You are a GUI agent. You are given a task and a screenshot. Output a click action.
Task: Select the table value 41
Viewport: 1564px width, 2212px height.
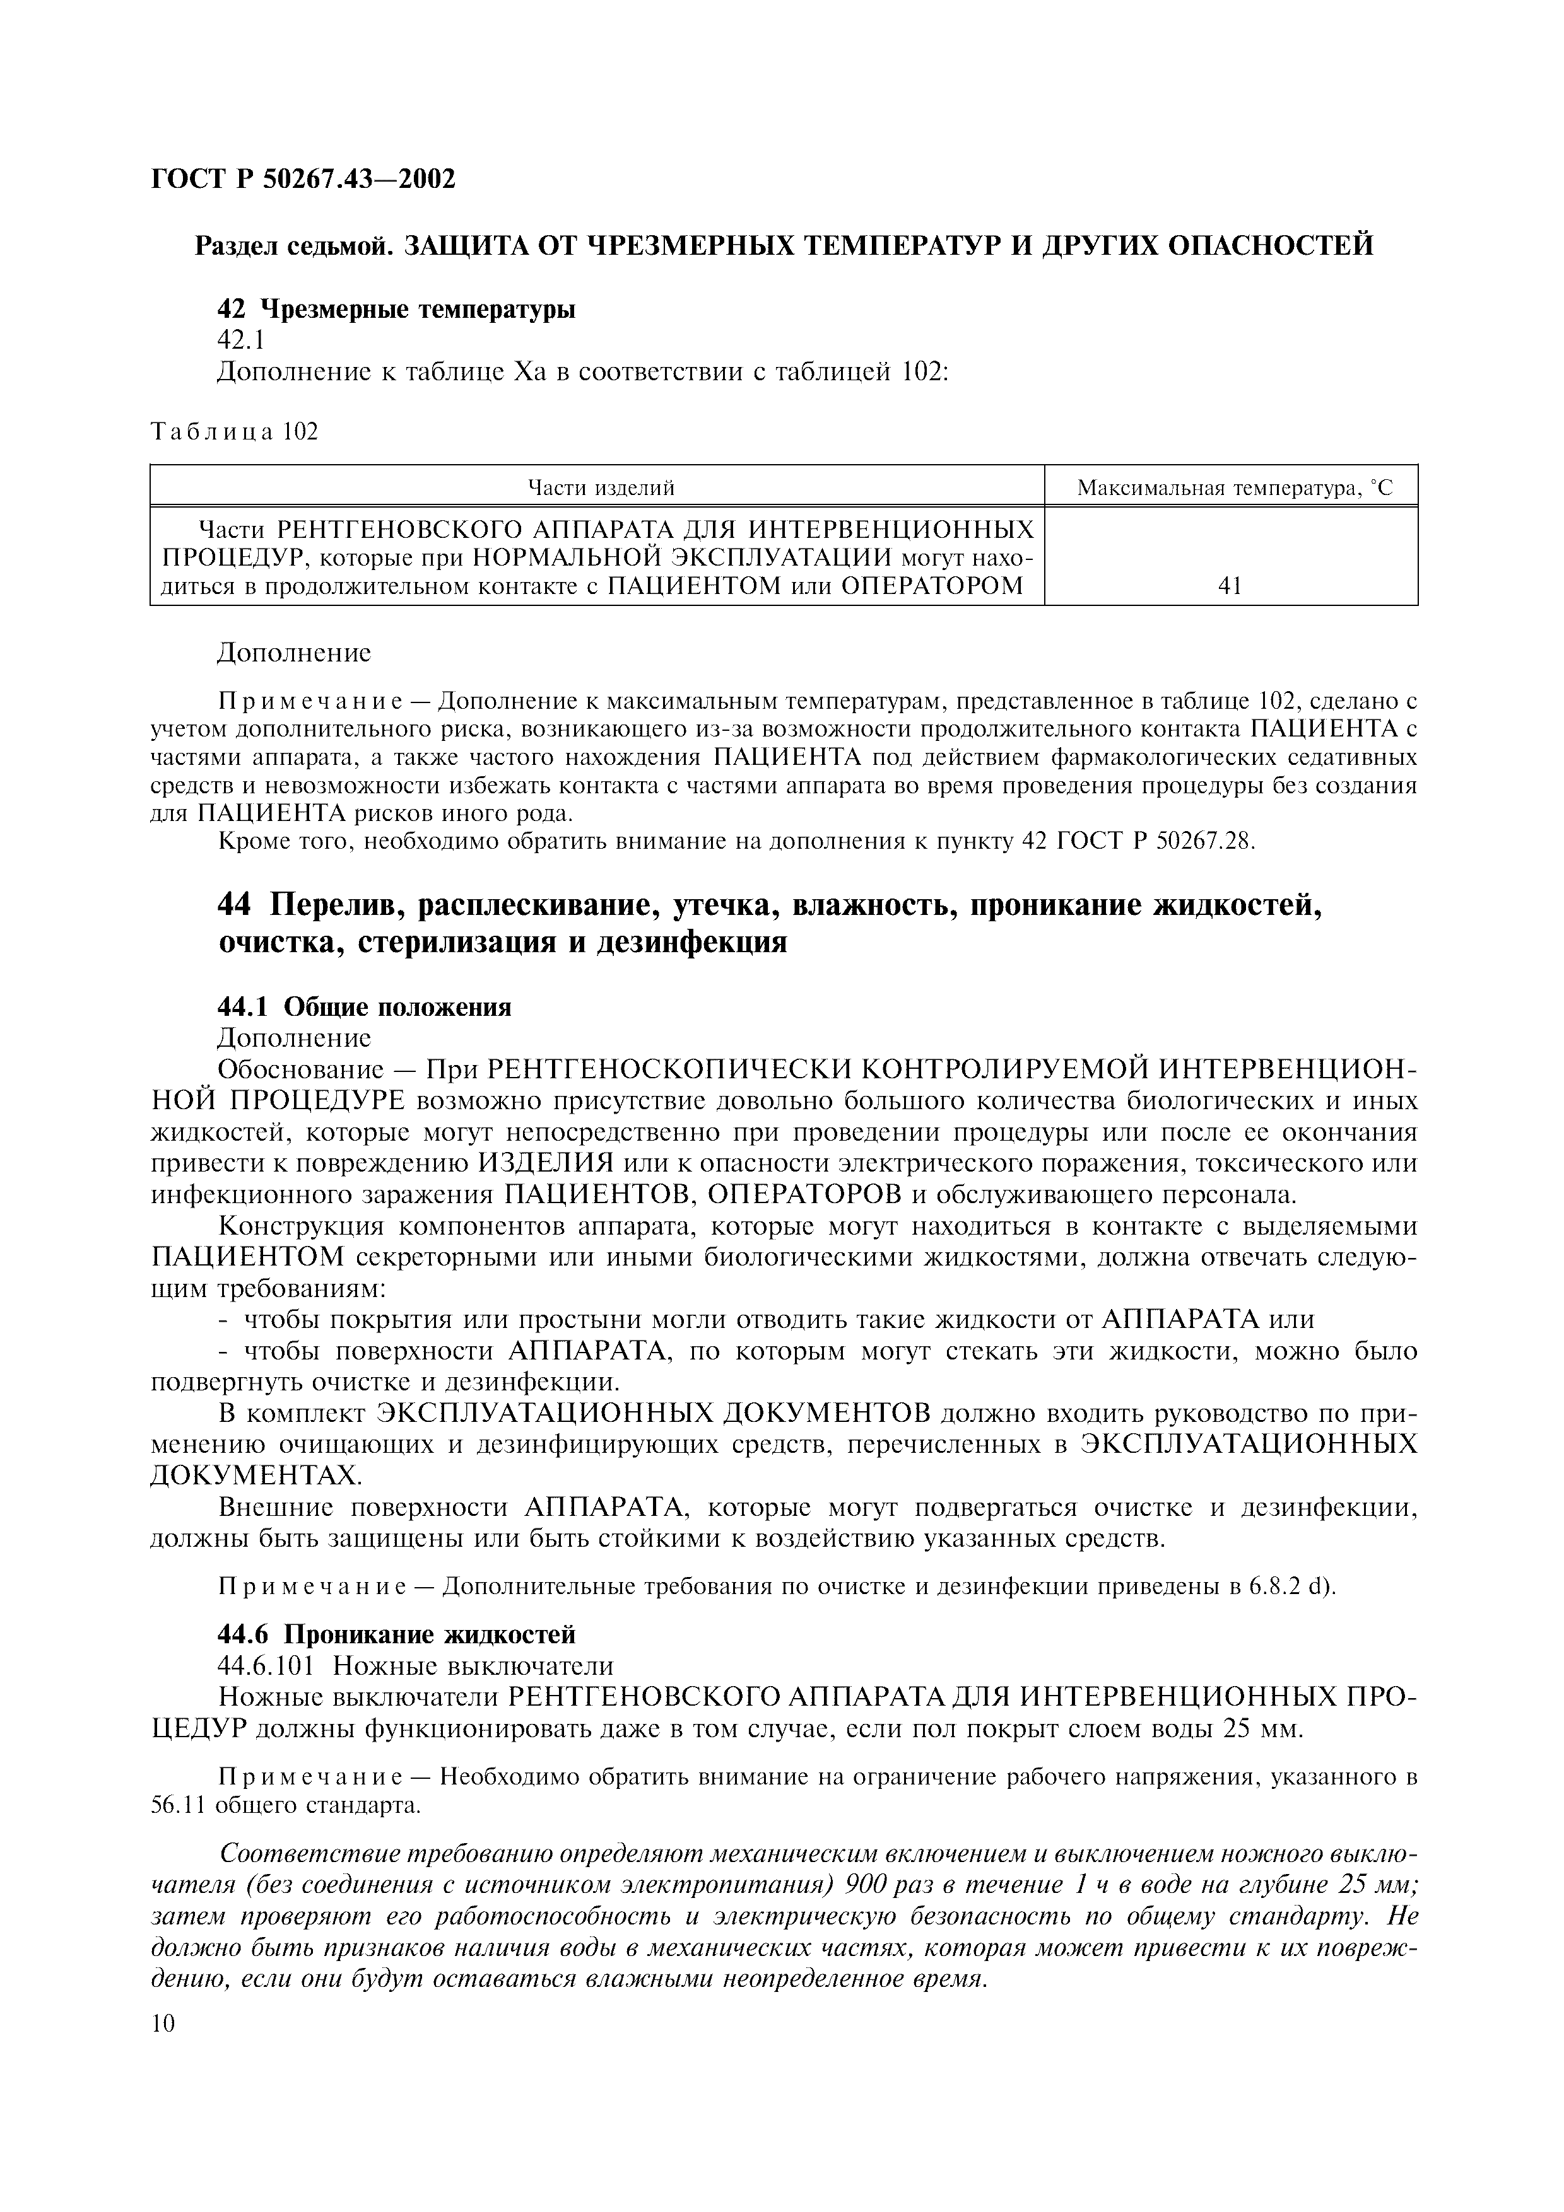click(1230, 586)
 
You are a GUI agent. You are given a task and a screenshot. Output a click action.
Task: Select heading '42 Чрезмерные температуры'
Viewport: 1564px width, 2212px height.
click(396, 310)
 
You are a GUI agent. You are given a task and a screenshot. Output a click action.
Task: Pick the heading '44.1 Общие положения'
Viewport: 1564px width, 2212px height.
click(364, 1008)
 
